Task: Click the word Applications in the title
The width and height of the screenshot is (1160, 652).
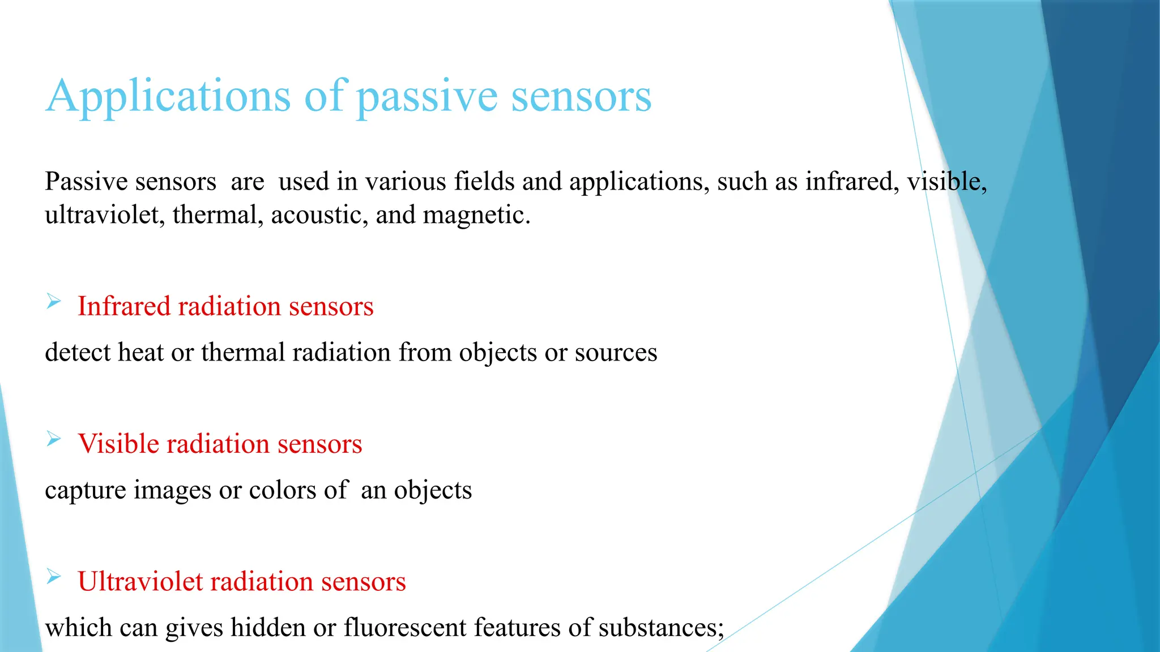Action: click(x=168, y=96)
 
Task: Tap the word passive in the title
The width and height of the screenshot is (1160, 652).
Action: click(x=427, y=97)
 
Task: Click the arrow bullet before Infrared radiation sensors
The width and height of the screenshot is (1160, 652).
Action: click(x=54, y=301)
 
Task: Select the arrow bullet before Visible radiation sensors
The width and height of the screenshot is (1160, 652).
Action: click(x=54, y=439)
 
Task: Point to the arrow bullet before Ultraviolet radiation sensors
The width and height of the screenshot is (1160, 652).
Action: click(x=54, y=576)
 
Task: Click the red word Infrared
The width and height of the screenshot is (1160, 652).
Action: click(x=123, y=306)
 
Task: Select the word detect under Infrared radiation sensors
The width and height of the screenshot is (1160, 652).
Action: click(x=78, y=352)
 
